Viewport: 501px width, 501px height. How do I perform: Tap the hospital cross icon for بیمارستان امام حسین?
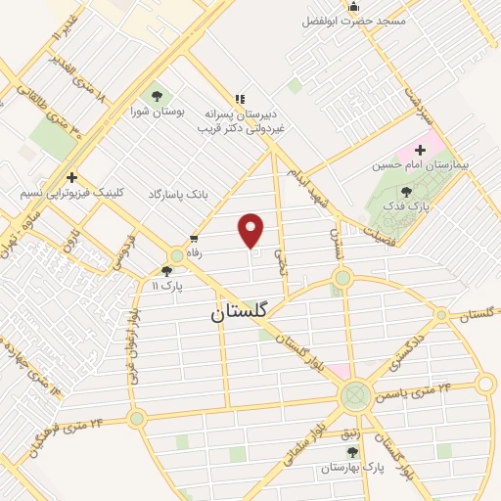coord(421,150)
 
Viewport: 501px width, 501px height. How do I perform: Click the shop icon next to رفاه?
coord(195,238)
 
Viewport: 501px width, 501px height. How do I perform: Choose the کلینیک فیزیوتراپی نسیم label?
coord(70,193)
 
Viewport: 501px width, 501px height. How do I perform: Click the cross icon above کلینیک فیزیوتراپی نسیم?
coord(72,176)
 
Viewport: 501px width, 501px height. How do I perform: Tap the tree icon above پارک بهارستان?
coord(352,451)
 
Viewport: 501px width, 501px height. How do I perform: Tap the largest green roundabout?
coord(354,397)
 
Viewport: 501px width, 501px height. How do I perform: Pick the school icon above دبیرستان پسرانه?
coord(241,98)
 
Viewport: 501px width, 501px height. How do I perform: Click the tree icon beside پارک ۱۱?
coord(166,271)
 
